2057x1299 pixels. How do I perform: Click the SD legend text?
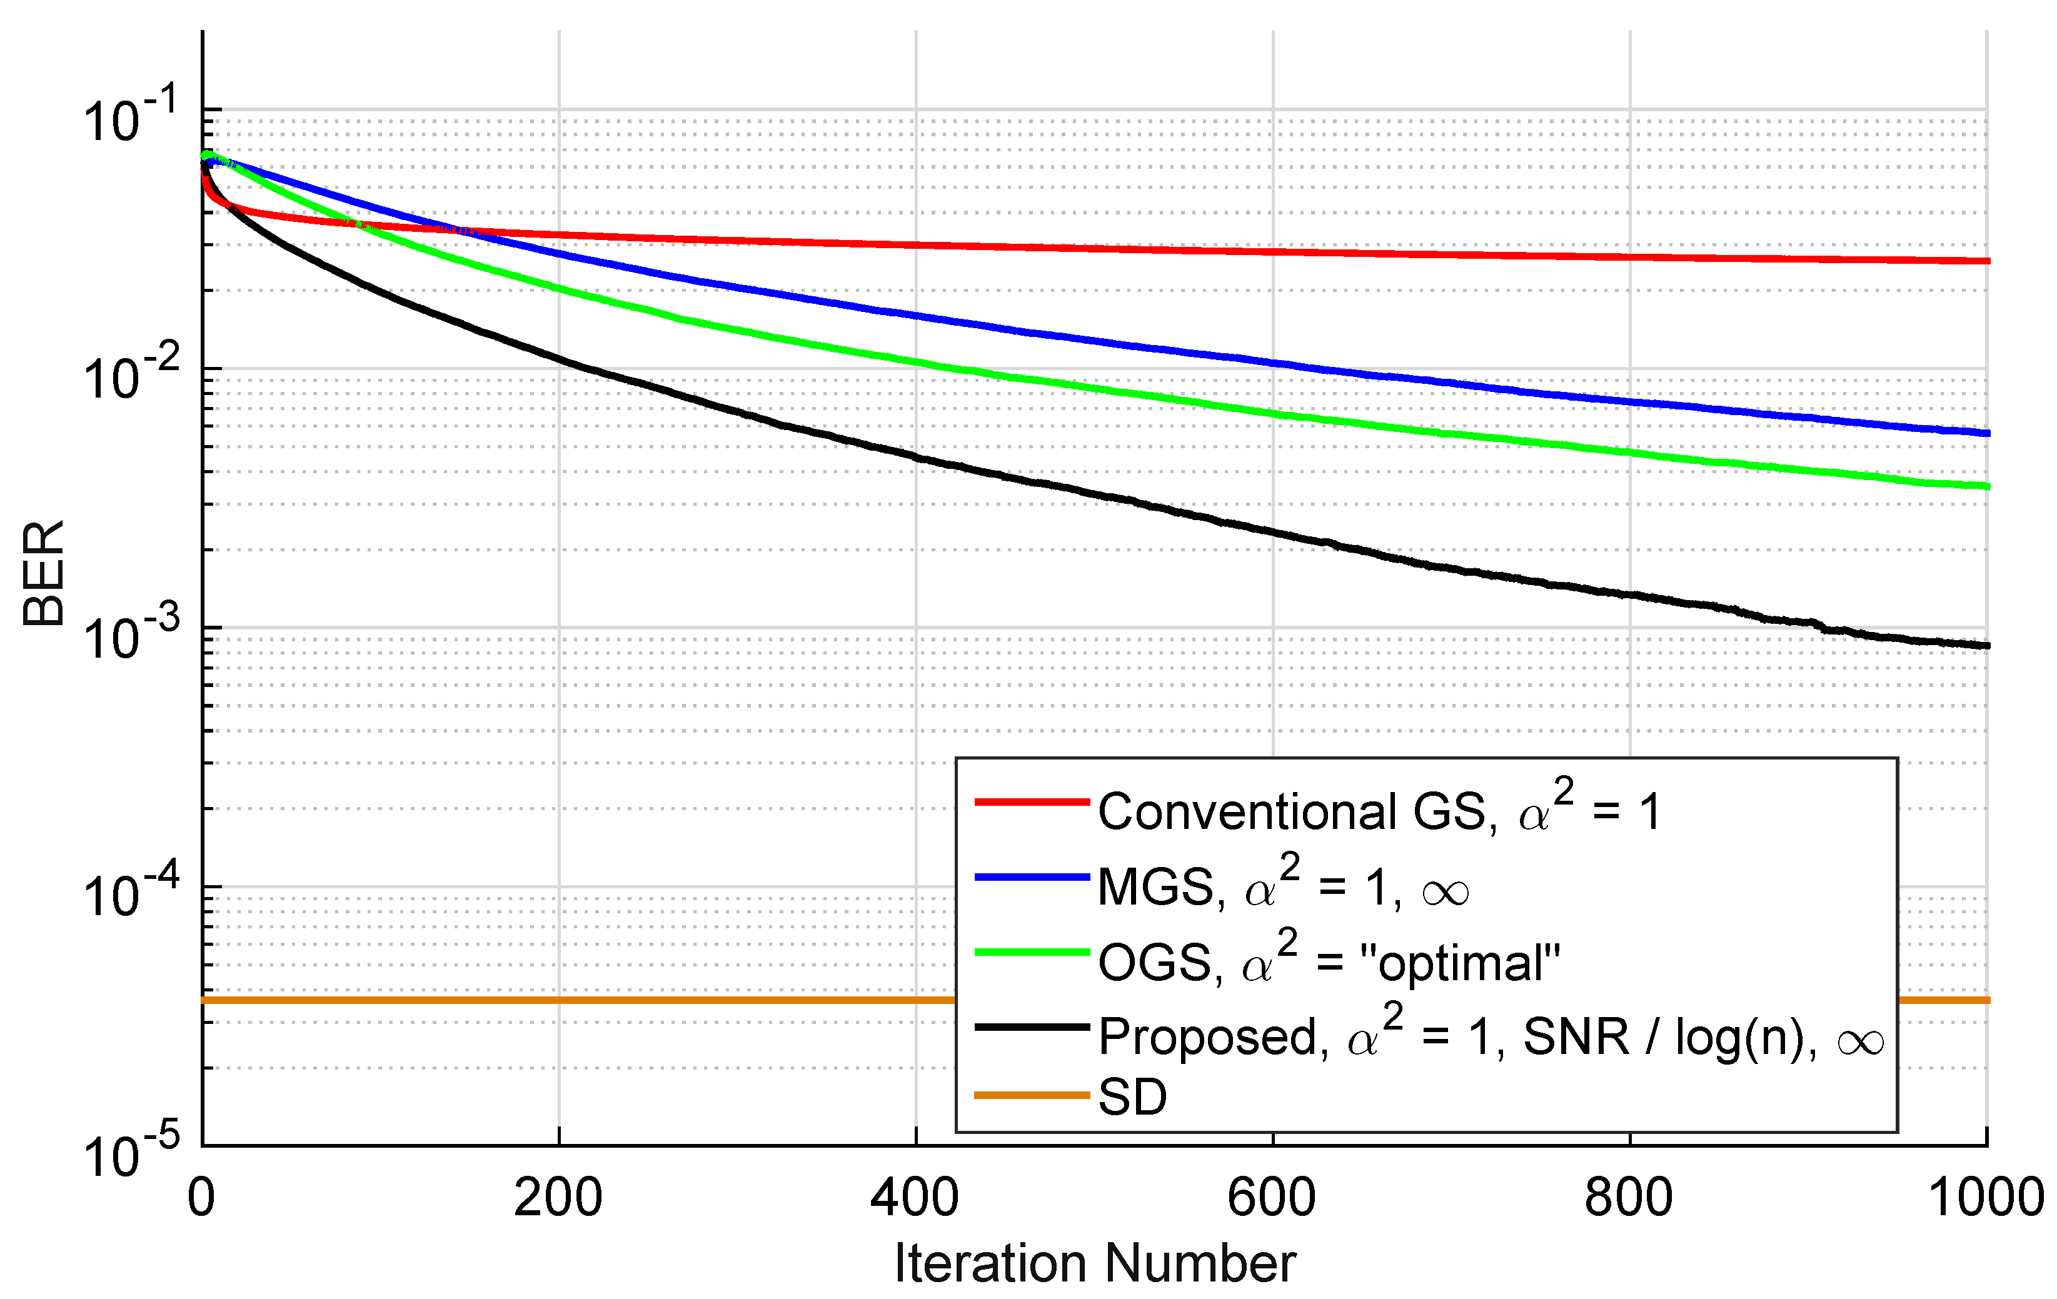point(1132,1096)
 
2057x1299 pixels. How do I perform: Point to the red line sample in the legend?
point(1032,802)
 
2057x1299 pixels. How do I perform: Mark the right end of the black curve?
point(1987,646)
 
